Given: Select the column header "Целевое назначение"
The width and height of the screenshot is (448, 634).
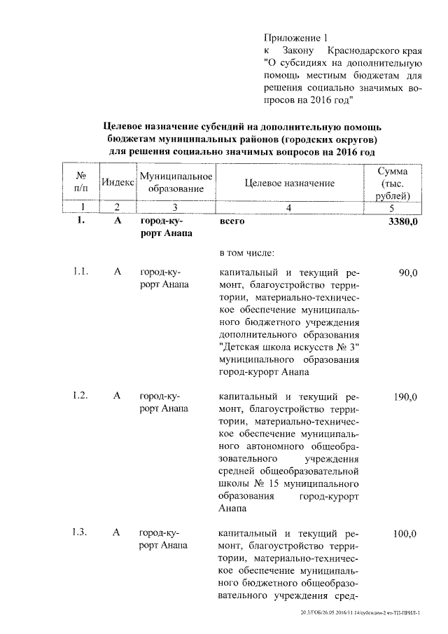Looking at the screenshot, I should point(290,183).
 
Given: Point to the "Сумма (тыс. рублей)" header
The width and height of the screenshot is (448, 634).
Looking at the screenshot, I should point(393,183).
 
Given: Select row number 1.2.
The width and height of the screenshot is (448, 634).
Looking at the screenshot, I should point(80,397).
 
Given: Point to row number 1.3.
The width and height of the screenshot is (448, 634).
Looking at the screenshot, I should point(80,533).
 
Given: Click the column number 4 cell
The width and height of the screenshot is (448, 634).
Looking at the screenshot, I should point(289,207).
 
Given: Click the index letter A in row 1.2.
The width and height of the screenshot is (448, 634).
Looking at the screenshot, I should point(118,397).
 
